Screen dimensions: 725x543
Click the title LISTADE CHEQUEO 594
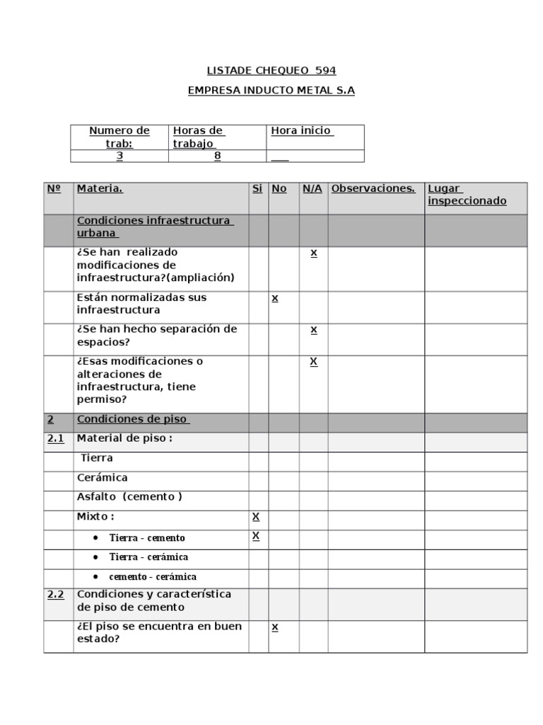(271, 70)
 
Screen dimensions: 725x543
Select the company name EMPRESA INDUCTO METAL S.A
(271, 91)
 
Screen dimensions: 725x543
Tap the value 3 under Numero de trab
(119, 156)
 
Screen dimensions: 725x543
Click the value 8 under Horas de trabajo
(217, 156)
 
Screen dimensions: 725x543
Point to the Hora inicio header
(303, 131)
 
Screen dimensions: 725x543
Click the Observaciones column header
(373, 188)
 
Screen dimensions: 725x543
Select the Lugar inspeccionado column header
(467, 195)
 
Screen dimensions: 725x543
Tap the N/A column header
(313, 188)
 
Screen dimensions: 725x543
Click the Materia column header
(100, 188)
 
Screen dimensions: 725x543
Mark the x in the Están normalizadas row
(275, 298)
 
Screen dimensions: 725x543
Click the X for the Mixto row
(256, 517)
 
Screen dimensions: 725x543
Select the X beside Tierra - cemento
(256, 536)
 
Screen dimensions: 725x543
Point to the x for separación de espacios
(313, 330)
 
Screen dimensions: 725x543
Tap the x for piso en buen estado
(275, 627)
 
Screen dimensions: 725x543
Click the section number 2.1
(56, 438)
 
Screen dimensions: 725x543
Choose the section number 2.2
(56, 595)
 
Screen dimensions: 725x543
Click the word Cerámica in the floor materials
(103, 478)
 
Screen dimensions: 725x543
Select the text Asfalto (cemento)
(129, 497)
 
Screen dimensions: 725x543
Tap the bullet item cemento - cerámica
(153, 577)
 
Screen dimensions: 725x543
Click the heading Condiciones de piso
(133, 419)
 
